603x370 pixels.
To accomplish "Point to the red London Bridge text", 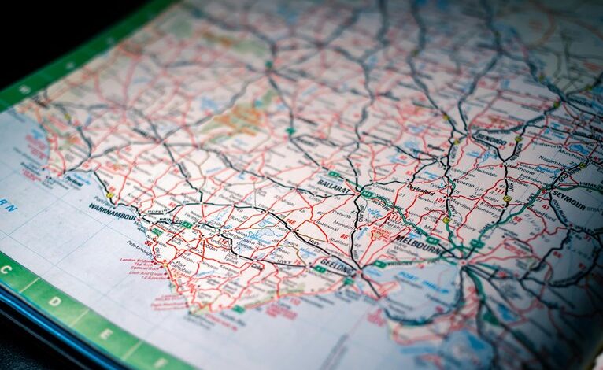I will [x=135, y=261].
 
